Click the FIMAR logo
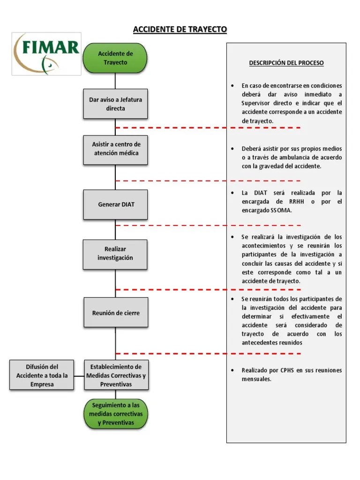[x=46, y=54]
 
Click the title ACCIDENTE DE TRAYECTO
[x=180, y=30]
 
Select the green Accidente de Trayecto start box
[x=115, y=58]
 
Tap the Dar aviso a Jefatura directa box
[x=115, y=104]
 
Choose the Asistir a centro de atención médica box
[x=115, y=149]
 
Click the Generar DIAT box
[x=115, y=205]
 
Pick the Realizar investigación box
[x=115, y=254]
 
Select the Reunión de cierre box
[x=115, y=313]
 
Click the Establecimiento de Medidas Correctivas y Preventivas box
[x=115, y=375]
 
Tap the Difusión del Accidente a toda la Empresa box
[x=42, y=375]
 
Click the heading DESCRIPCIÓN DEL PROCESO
[x=286, y=63]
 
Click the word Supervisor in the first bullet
[x=256, y=103]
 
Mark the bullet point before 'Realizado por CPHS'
[x=232, y=370]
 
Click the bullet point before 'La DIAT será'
[x=232, y=193]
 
